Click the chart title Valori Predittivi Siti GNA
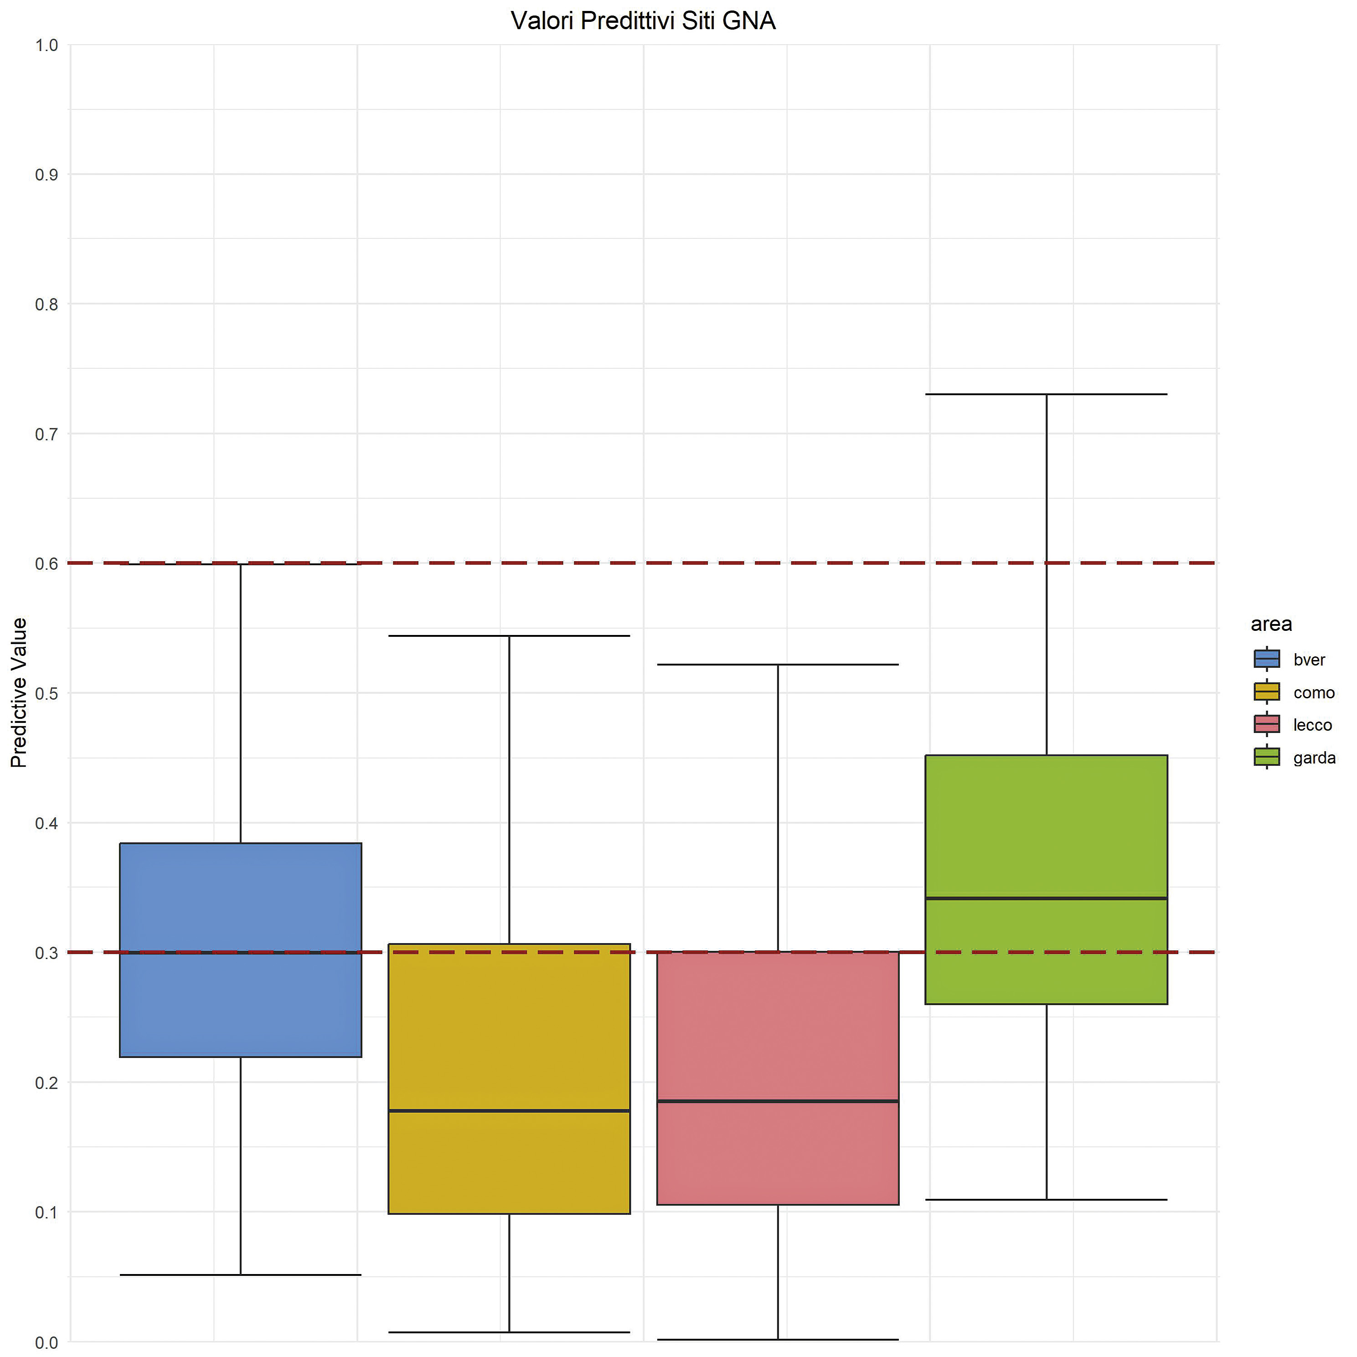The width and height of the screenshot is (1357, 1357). (x=643, y=21)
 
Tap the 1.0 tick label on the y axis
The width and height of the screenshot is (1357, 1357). (x=46, y=46)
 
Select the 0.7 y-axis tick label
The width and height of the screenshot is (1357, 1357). (x=46, y=434)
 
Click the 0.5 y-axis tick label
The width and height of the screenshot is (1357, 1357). (x=46, y=693)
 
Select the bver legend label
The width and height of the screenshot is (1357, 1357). (x=1309, y=660)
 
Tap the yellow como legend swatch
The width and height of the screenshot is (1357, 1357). (x=1266, y=692)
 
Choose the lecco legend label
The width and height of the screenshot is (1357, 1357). (x=1312, y=725)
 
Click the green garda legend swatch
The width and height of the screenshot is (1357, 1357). (x=1266, y=757)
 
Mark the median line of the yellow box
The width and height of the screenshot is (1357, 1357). (x=509, y=1110)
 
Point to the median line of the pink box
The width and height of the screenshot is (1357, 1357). (x=778, y=1101)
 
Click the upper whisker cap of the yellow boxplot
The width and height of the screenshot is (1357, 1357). (x=509, y=636)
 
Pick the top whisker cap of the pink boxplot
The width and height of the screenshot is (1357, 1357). (x=778, y=665)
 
